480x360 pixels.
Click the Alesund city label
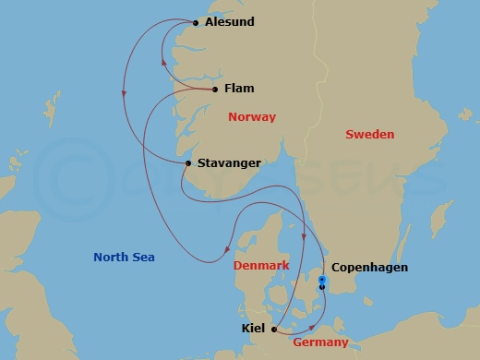click(230, 21)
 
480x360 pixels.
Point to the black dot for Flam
click(215, 90)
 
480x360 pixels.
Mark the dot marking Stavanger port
click(188, 163)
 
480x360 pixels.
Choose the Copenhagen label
click(369, 269)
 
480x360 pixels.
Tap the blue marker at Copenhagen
click(322, 280)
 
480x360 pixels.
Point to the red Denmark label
click(261, 265)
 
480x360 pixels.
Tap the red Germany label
click(320, 342)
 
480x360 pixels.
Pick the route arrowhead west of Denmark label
click(227, 248)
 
